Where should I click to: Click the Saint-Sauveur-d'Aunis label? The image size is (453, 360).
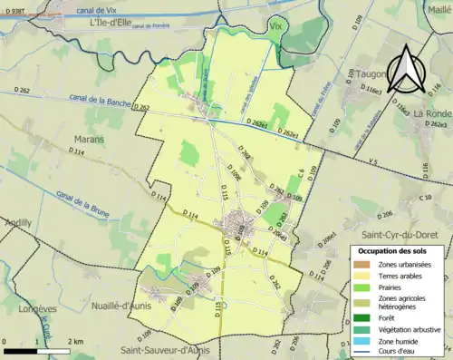click(170, 348)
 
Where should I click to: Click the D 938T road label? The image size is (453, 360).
click(18, 5)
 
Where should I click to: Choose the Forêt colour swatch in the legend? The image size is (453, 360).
click(359, 316)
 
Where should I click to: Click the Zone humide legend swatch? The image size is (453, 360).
click(359, 340)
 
